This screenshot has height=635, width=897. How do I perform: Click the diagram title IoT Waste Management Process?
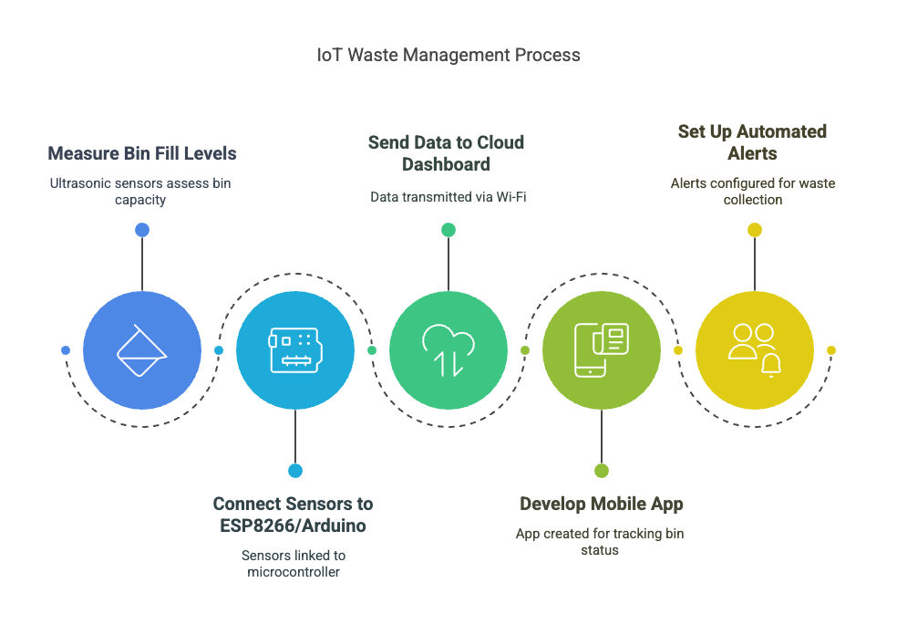(448, 55)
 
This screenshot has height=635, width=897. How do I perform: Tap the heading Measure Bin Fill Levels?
(142, 153)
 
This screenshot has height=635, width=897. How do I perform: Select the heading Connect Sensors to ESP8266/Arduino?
(293, 515)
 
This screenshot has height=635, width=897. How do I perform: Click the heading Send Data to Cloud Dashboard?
(446, 153)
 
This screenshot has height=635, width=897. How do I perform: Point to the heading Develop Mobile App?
(602, 504)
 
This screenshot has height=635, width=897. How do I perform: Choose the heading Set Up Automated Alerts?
(752, 142)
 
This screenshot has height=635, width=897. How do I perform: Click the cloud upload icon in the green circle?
(448, 349)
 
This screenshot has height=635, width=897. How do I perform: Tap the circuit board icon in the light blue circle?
(295, 349)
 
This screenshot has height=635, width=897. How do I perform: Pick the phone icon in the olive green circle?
(591, 349)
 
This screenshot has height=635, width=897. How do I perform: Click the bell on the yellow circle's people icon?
(771, 364)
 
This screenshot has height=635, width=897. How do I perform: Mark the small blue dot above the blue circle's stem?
(142, 230)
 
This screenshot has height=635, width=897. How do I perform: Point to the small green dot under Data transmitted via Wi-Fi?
(448, 230)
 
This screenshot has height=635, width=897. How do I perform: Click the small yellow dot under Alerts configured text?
(755, 230)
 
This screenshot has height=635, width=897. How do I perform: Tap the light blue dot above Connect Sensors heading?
(295, 471)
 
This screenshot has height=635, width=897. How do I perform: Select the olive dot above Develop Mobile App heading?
(602, 471)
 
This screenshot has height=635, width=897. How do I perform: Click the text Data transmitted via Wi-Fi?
(448, 197)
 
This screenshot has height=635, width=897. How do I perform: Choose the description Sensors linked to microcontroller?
(294, 564)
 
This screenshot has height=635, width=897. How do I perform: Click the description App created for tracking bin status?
(600, 542)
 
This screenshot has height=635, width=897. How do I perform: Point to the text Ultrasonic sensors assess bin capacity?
(140, 192)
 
